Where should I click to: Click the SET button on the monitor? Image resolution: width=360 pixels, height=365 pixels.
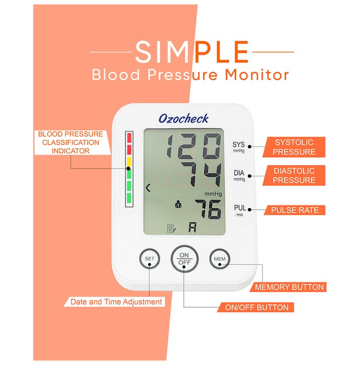pyautogui.click(x=150, y=259)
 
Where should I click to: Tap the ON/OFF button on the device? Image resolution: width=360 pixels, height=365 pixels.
pyautogui.click(x=184, y=259)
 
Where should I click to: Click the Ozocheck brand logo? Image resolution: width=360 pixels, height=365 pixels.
pyautogui.click(x=184, y=118)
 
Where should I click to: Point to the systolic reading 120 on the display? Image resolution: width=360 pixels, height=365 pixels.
pyautogui.click(x=194, y=146)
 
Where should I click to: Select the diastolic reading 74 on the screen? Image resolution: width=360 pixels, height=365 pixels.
pyautogui.click(x=202, y=174)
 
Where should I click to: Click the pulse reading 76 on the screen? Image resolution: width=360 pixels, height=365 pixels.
pyautogui.click(x=208, y=209)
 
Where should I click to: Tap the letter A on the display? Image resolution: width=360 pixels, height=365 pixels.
pyautogui.click(x=193, y=227)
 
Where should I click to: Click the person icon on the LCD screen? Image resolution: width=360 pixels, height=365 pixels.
pyautogui.click(x=178, y=204)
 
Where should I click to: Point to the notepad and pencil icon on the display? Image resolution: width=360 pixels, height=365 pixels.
pyautogui.click(x=172, y=228)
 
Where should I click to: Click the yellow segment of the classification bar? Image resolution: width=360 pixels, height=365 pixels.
pyautogui.click(x=129, y=161)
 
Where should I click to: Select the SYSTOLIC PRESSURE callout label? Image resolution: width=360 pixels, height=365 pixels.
pyautogui.click(x=294, y=147)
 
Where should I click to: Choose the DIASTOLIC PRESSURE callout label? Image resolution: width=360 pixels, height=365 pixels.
pyautogui.click(x=294, y=176)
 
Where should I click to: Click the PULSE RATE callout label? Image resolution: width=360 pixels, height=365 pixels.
pyautogui.click(x=295, y=210)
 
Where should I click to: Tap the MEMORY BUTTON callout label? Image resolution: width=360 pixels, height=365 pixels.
pyautogui.click(x=289, y=287)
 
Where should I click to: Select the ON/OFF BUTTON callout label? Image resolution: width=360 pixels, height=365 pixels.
pyautogui.click(x=256, y=308)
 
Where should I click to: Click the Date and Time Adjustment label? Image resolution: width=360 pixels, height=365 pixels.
pyautogui.click(x=116, y=302)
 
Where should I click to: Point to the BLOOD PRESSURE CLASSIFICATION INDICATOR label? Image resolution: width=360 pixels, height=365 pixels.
pyautogui.click(x=70, y=142)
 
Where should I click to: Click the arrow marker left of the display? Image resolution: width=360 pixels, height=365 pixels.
pyautogui.click(x=148, y=188)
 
